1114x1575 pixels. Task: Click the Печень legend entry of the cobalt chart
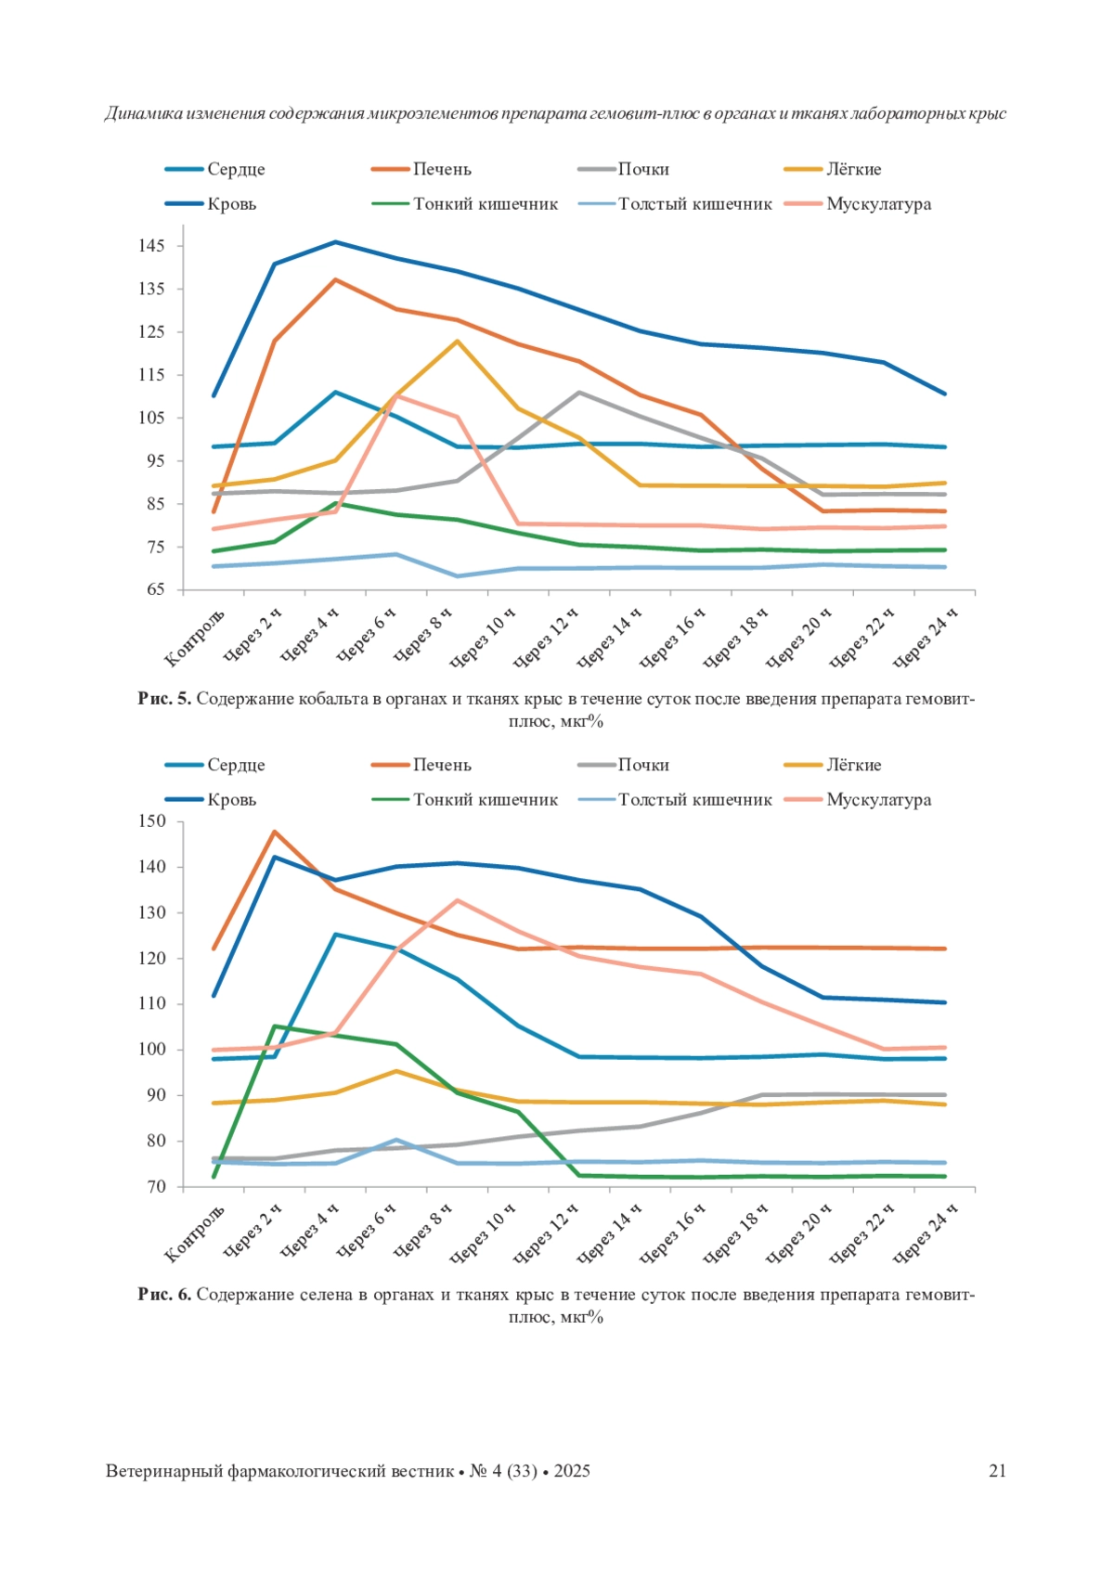(x=442, y=169)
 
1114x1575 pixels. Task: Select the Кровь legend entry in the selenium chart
(x=231, y=800)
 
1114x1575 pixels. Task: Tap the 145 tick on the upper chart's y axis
(x=152, y=246)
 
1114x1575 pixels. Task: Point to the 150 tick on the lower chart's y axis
(x=152, y=821)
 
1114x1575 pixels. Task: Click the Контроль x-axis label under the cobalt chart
(x=195, y=638)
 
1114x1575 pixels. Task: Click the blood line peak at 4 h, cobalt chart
(x=335, y=242)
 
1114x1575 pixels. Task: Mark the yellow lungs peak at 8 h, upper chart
(x=457, y=341)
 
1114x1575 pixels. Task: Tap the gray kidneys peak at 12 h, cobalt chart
(x=579, y=393)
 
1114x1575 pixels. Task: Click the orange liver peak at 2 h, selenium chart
(x=275, y=832)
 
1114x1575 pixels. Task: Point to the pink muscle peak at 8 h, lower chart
(x=457, y=900)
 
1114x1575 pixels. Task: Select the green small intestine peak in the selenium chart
(x=275, y=1026)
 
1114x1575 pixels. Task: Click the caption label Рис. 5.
(x=164, y=699)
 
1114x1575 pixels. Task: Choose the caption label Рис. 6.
(x=164, y=1295)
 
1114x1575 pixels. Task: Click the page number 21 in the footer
(x=997, y=1471)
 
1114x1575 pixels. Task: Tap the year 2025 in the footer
(x=572, y=1471)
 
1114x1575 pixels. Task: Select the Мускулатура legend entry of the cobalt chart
(x=878, y=204)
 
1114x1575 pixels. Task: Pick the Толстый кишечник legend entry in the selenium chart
(x=695, y=800)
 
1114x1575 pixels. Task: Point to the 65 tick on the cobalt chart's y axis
(x=154, y=590)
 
